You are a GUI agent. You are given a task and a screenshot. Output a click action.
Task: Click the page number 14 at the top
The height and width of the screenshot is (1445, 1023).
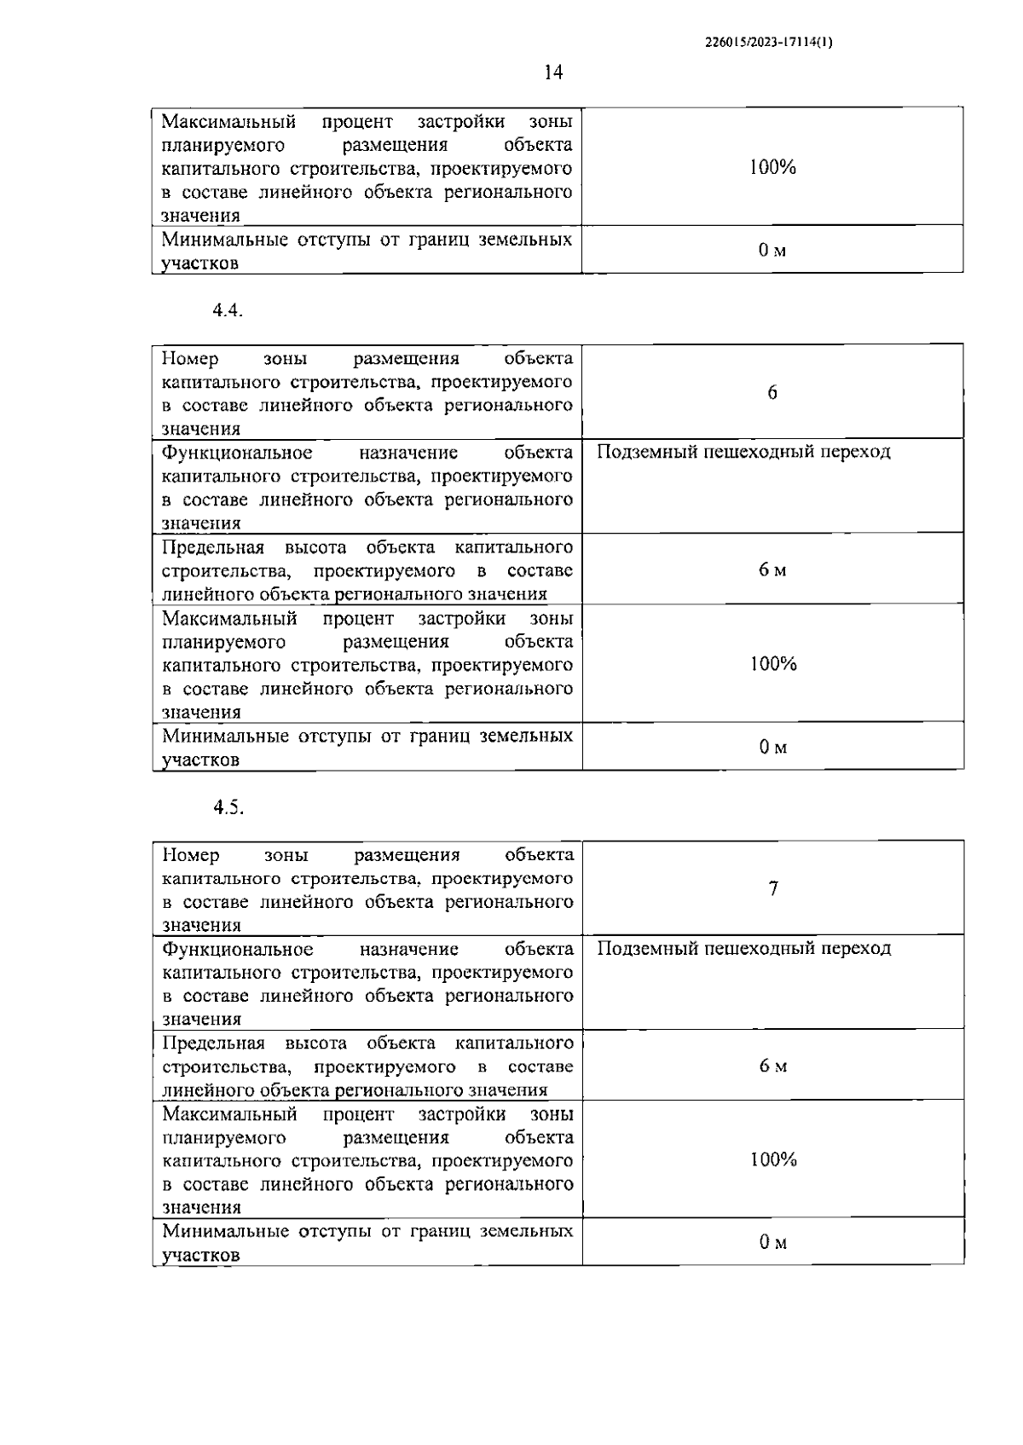point(553,72)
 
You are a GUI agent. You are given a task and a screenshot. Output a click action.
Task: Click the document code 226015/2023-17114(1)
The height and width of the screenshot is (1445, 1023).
point(769,41)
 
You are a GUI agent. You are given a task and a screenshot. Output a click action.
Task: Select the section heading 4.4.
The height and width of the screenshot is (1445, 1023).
point(228,311)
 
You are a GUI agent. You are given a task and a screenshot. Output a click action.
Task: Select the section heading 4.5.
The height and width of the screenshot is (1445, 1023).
point(228,807)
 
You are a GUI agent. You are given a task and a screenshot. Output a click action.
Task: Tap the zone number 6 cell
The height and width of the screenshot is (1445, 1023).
point(772,393)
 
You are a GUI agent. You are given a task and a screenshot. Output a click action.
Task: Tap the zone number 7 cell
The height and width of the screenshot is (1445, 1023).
point(773,889)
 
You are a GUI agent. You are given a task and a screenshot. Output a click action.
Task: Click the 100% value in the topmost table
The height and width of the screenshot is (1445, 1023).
point(772,168)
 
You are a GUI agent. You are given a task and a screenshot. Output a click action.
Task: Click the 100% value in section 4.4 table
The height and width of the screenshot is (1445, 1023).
point(773,664)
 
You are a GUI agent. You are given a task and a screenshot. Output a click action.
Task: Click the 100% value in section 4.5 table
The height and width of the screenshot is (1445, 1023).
point(773,1160)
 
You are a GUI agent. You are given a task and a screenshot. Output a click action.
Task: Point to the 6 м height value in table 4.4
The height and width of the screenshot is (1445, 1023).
point(772,570)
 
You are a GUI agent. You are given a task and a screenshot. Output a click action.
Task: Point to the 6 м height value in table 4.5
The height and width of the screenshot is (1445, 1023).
point(773,1066)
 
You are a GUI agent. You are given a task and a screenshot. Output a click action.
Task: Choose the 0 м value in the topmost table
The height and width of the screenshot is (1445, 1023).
point(772,251)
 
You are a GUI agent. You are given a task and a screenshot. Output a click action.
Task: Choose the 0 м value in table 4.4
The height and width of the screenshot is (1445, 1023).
point(773,748)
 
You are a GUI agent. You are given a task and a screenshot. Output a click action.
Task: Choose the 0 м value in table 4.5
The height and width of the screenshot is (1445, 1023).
point(773,1243)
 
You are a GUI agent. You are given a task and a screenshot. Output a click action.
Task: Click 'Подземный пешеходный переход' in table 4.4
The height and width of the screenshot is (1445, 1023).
point(743,453)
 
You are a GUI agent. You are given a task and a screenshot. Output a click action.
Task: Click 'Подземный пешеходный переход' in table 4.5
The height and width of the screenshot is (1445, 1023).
point(743,949)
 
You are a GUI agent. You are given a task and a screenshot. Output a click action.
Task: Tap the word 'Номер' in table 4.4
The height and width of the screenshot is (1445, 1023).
point(190,359)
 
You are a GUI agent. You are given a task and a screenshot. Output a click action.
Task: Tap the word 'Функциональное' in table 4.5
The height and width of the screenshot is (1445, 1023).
point(237,949)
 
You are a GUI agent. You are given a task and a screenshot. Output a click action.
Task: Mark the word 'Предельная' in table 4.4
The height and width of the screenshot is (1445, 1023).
point(213,547)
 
